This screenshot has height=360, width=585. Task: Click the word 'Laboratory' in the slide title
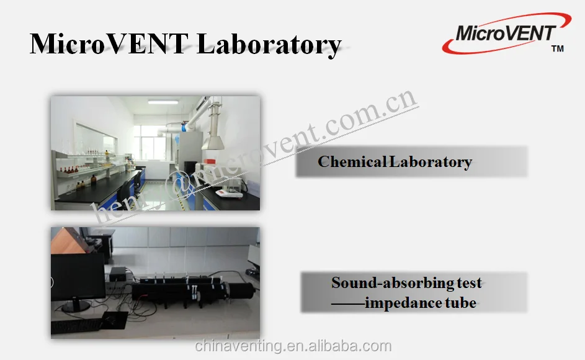click(x=269, y=45)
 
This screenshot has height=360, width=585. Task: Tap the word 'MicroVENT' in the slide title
click(x=109, y=45)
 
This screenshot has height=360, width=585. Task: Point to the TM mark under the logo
click(x=557, y=49)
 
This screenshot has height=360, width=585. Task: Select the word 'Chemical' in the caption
click(x=352, y=163)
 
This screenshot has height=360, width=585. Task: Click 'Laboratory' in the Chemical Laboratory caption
click(x=431, y=163)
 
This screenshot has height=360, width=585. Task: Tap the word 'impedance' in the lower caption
click(x=403, y=304)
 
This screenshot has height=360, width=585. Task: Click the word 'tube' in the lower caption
click(x=460, y=304)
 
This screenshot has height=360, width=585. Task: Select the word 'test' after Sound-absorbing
click(x=470, y=283)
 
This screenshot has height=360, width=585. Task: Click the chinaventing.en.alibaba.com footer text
click(x=293, y=346)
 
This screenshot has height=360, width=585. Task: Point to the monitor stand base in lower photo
click(x=76, y=305)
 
